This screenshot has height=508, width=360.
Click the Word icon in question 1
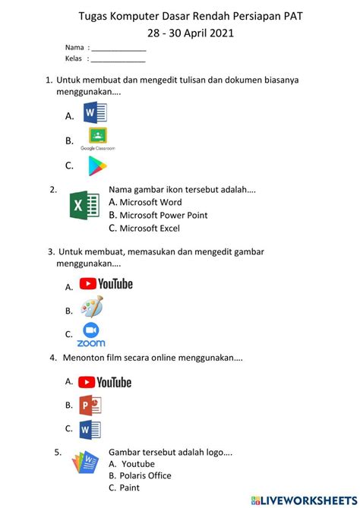point(95,114)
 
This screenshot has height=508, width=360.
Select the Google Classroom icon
point(97,137)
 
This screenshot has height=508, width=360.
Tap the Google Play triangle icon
point(96,165)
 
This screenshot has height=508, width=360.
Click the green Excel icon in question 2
point(84,207)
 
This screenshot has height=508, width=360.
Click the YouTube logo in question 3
point(106,284)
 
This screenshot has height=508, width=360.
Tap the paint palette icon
point(92,308)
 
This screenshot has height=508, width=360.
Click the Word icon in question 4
point(90,429)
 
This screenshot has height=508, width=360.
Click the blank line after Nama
point(118,49)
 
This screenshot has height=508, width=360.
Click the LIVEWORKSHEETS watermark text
point(308,500)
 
